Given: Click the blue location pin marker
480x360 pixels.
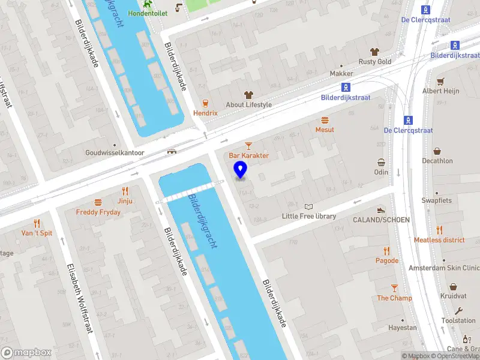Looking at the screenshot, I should pyautogui.click(x=241, y=169).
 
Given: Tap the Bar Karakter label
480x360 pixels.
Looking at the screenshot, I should pyautogui.click(x=248, y=155).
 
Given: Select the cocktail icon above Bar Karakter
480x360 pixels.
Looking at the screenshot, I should pyautogui.click(x=248, y=145).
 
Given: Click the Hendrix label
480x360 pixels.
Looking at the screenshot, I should pyautogui.click(x=205, y=113).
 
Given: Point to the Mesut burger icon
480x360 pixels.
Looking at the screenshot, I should pyautogui.click(x=325, y=120).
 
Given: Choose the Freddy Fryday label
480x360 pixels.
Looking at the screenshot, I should pyautogui.click(x=98, y=212).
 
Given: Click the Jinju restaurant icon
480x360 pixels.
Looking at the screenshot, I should pyautogui.click(x=125, y=191).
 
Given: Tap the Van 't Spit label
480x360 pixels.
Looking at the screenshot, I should pyautogui.click(x=37, y=233).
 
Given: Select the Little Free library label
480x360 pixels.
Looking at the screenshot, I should pyautogui.click(x=309, y=216).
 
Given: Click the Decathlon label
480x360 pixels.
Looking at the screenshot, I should pyautogui.click(x=437, y=161).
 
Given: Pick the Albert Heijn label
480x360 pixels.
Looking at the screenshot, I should pyautogui.click(x=440, y=91).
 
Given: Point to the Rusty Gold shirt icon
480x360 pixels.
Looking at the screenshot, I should pyautogui.click(x=375, y=52).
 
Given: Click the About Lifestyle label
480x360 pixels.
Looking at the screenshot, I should pyautogui.click(x=248, y=104).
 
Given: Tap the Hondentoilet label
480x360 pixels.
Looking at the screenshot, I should pyautogui.click(x=147, y=13).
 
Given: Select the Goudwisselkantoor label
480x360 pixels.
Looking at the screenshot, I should pyautogui.click(x=115, y=152).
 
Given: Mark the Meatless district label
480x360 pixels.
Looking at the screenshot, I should pyautogui.click(x=439, y=240).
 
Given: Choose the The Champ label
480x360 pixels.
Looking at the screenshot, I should pyautogui.click(x=394, y=298).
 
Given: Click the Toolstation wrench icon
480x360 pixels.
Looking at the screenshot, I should pyautogui.click(x=459, y=311).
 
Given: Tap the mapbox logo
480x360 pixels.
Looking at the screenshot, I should pyautogui.click(x=26, y=352).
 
